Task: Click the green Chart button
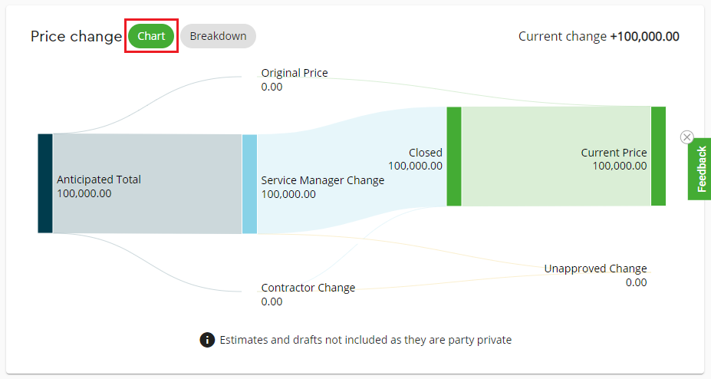151,36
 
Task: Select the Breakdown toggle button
218,36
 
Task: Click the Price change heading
76,36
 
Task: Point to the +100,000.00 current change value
644,36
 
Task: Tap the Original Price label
295,73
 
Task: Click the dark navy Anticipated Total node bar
45,183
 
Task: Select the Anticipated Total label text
99,180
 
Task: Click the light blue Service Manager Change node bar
249,184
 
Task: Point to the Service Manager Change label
322,180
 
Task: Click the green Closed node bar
454,157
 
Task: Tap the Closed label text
426,153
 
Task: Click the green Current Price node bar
658,156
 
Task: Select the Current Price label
614,153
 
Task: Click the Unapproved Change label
595,269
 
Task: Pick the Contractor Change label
308,288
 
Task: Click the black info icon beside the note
207,340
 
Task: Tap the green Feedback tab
699,169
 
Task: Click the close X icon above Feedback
687,137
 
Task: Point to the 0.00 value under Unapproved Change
636,282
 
